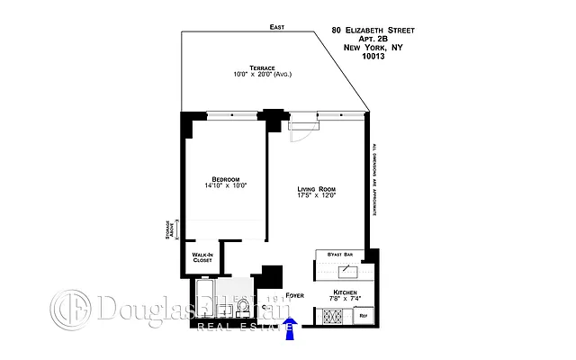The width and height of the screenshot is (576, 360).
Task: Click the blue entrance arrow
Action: pos(291,330)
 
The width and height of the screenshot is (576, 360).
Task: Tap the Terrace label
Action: pos(251,66)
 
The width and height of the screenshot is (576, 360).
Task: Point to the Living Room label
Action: pos(316,188)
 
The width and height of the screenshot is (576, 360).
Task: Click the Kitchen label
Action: pos(346,293)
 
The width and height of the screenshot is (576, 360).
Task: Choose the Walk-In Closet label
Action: pos(202,257)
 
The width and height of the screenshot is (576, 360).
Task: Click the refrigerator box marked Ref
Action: pos(364,317)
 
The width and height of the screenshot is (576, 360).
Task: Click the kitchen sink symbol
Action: pos(346,270)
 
